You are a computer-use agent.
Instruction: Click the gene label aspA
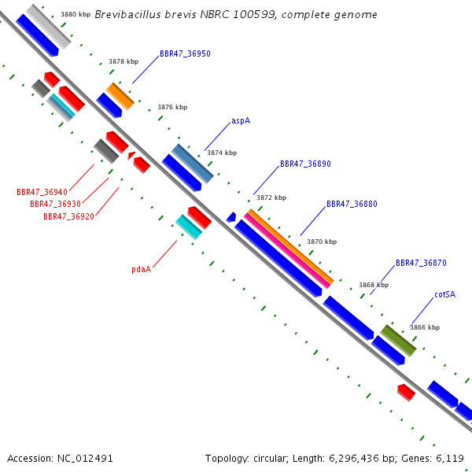tap(241, 120)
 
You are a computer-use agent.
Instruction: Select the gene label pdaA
tap(141, 269)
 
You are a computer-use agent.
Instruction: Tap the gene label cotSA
tap(445, 294)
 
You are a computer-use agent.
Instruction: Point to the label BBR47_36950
tap(185, 53)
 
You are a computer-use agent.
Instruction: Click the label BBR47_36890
tap(305, 164)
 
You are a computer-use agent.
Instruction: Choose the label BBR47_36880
tap(352, 204)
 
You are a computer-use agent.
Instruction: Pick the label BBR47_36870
tap(421, 263)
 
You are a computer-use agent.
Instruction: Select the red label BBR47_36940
tap(42, 192)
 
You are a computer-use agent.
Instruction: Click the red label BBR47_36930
tap(55, 204)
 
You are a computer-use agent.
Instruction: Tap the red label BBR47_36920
tap(68, 216)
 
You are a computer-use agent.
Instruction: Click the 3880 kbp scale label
tap(76, 14)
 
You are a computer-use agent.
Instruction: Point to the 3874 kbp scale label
tap(222, 153)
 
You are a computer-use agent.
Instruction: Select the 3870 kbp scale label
tap(322, 242)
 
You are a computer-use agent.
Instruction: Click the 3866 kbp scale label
tap(425, 327)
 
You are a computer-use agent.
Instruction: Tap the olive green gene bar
tap(398, 341)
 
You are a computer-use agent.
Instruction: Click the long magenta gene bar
tap(287, 251)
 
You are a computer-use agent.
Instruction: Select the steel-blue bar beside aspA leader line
tap(193, 164)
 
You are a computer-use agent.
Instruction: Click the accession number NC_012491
tap(85, 459)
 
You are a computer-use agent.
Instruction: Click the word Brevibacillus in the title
tap(127, 14)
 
